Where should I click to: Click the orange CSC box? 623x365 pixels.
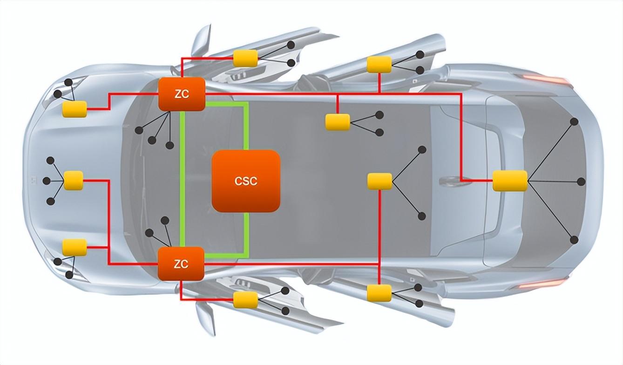(246, 181)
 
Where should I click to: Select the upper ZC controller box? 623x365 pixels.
(182, 94)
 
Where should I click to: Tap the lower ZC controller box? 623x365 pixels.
(181, 264)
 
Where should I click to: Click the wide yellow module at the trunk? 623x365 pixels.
(510, 181)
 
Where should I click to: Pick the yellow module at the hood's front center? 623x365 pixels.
(74, 181)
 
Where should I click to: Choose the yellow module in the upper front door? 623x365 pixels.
(245, 58)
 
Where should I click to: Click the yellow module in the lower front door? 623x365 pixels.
(245, 300)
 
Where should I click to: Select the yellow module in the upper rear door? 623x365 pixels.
(379, 65)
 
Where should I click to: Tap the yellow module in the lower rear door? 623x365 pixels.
(379, 293)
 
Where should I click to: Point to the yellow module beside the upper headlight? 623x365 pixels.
(74, 109)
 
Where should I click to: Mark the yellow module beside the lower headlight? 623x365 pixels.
(74, 247)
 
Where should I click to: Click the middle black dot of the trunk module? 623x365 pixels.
(581, 182)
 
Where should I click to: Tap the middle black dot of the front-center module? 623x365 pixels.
(47, 181)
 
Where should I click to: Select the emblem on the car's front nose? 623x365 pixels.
(34, 181)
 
